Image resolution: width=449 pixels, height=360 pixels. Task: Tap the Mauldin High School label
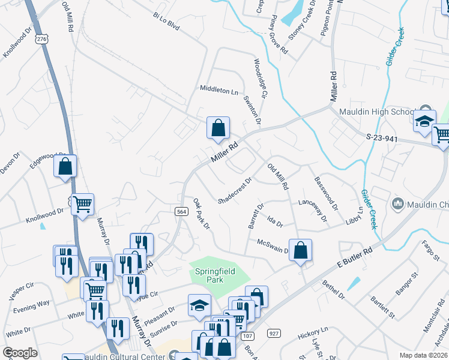[374, 112]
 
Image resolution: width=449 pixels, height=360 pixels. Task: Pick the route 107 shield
[248, 336]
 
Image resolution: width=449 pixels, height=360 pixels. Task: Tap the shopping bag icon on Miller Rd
[218, 128]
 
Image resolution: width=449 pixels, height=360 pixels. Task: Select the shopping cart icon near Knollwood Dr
[82, 205]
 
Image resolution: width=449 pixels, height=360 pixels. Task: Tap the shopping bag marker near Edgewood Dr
[65, 166]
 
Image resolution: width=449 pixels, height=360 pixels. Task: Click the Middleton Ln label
[219, 91]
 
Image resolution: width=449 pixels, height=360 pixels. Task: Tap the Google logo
[20, 353]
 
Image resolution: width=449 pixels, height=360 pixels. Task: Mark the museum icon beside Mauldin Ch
[397, 204]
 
